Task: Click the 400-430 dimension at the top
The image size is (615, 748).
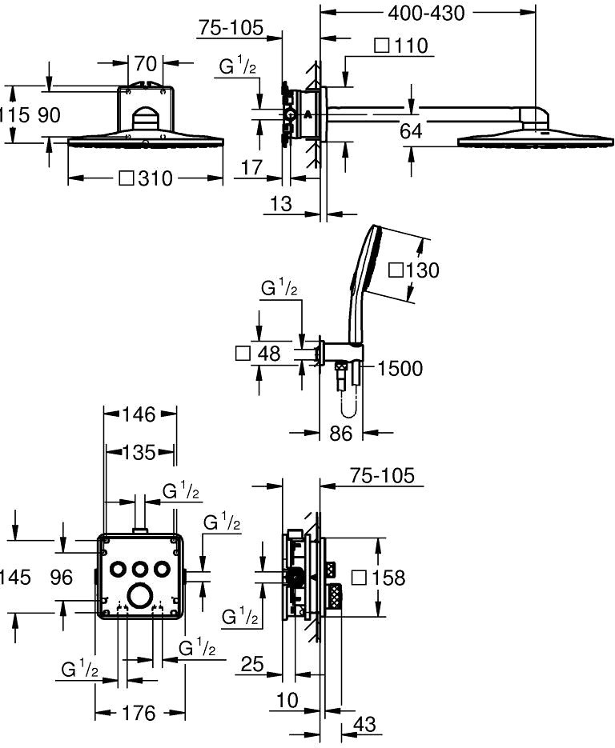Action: click(x=426, y=13)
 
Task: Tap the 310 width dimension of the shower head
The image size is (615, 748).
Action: click(x=146, y=178)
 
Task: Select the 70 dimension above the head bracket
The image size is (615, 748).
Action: click(x=145, y=63)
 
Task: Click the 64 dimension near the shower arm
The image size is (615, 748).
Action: click(x=411, y=130)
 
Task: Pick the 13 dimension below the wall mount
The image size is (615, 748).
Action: click(x=281, y=204)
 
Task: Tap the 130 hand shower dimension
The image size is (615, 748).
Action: click(x=413, y=270)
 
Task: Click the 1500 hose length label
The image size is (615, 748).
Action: click(x=400, y=368)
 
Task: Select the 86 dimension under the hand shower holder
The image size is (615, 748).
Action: click(x=341, y=433)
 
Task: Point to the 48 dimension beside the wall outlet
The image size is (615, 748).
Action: click(x=259, y=354)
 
